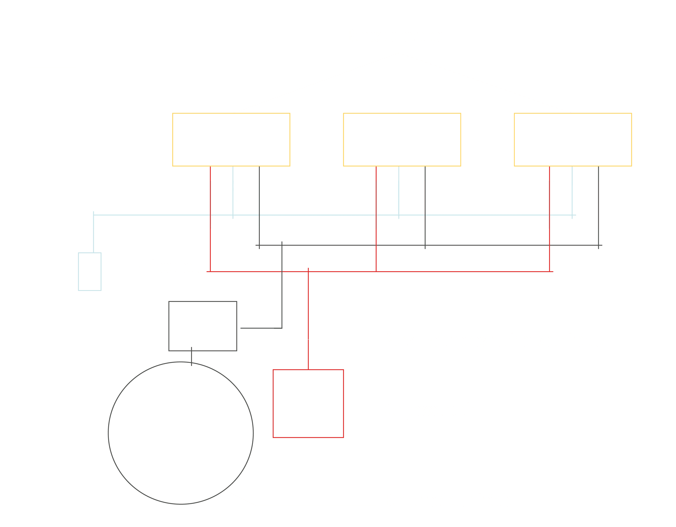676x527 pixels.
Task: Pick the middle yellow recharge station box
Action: click(402, 140)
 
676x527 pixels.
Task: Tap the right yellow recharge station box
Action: click(573, 140)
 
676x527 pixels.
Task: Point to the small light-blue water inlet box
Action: click(90, 272)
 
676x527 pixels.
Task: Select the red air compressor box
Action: click(308, 403)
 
